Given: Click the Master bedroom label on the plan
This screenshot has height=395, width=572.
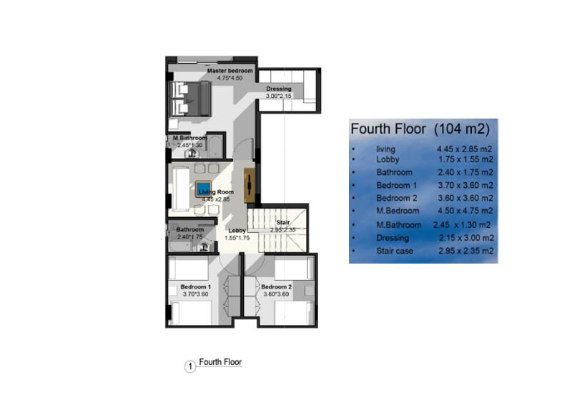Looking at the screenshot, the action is [x=230, y=71].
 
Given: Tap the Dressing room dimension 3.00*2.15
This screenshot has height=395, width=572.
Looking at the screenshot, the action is [x=279, y=96].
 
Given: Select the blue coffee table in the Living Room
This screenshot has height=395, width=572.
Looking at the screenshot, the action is [x=203, y=189].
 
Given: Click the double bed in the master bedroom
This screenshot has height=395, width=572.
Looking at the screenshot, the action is [x=191, y=99].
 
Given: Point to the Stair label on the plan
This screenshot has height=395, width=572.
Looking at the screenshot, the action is [x=282, y=222].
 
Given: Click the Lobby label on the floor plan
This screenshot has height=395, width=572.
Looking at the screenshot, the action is [x=237, y=231].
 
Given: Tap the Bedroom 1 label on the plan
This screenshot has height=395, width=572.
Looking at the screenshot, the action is [x=195, y=286].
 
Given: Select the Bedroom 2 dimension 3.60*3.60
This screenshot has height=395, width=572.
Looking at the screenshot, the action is [x=276, y=294].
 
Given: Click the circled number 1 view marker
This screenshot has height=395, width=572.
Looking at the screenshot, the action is [x=190, y=366].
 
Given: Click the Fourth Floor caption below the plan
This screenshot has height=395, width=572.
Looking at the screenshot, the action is [x=220, y=362].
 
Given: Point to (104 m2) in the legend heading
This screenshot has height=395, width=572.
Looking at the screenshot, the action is [x=462, y=129].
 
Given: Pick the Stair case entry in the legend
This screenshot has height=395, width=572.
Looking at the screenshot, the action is [x=395, y=251].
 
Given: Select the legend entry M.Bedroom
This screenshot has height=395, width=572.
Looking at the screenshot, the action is [x=398, y=211].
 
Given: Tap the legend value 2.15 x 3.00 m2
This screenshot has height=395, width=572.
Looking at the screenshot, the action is [x=467, y=238].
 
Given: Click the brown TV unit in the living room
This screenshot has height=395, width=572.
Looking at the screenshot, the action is [x=250, y=186].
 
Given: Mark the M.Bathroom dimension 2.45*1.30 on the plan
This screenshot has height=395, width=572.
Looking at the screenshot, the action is [x=189, y=145].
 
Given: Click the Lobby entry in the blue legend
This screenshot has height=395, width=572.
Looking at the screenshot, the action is [x=388, y=159].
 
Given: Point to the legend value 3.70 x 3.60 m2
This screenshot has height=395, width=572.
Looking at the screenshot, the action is [x=465, y=185].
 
